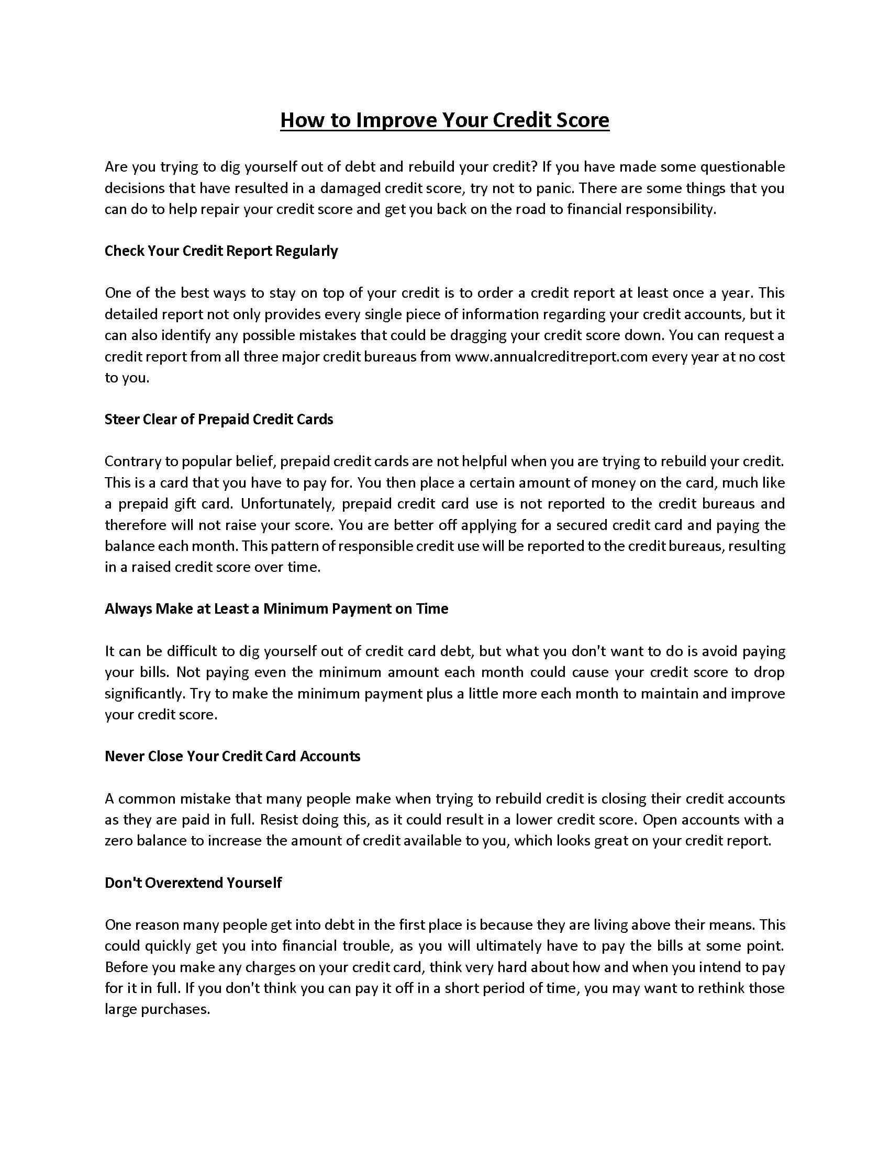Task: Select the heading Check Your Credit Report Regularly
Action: pyautogui.click(x=221, y=251)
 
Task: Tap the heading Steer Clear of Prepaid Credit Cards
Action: pyautogui.click(x=219, y=420)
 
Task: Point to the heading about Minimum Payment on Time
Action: pyautogui.click(x=276, y=608)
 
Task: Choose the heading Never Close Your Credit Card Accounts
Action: pyautogui.click(x=232, y=757)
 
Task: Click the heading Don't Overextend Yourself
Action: pyautogui.click(x=193, y=883)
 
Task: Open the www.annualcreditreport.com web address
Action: pyautogui.click(x=551, y=357)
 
